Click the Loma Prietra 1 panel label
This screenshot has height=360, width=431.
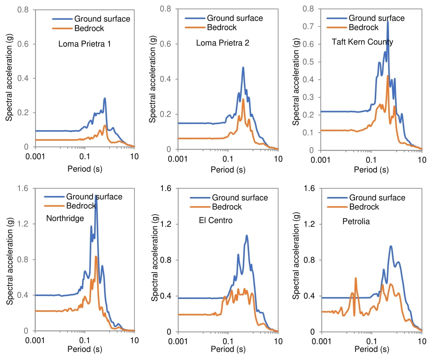84,44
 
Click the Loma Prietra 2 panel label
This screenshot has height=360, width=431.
223,43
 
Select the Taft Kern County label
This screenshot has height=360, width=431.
362,42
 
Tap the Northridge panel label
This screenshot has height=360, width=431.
65,219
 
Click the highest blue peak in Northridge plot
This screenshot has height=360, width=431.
96,196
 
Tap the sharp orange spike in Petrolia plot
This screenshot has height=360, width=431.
355,278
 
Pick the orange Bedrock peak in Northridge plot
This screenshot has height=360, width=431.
96,257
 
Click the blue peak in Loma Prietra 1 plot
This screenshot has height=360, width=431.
105,98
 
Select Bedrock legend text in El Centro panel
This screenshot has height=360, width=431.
227,207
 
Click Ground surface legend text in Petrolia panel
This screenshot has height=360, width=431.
377,198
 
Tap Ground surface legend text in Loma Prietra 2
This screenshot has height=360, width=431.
235,18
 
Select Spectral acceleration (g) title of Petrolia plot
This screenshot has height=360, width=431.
296,260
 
